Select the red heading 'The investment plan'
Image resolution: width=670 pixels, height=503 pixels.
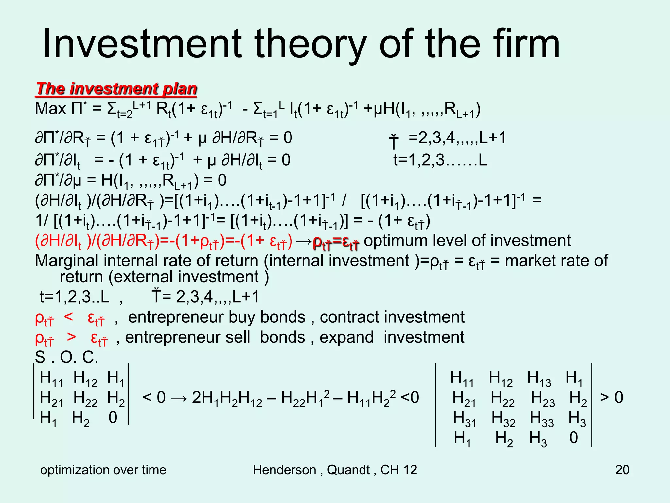click(x=116, y=89)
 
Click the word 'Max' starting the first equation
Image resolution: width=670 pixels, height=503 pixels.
click(x=50, y=109)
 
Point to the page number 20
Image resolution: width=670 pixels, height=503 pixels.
click(x=622, y=470)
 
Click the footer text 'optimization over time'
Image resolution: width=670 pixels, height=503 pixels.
click(x=103, y=470)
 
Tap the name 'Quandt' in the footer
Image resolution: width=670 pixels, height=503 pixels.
click(x=348, y=470)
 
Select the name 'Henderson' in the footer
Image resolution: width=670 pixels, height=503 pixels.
click(x=284, y=470)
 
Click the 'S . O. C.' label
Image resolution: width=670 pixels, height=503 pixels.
click(x=66, y=357)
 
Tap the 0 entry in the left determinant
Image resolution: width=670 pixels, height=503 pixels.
click(x=113, y=418)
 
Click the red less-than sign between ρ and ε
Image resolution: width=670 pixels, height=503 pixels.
click(x=69, y=316)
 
